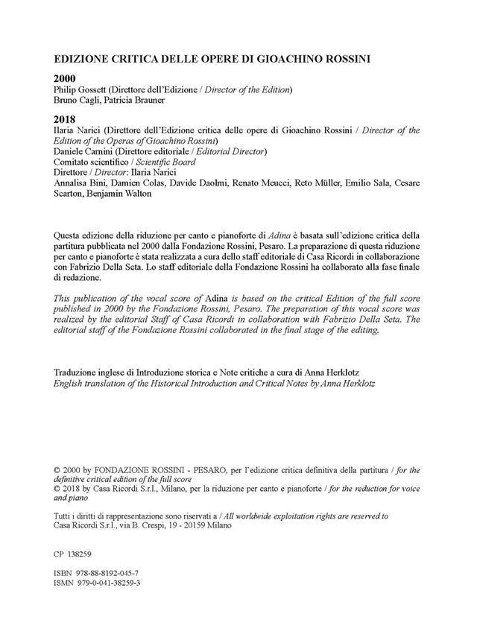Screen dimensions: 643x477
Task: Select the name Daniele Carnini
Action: tap(84, 151)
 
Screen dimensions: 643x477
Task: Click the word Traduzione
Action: tap(77, 372)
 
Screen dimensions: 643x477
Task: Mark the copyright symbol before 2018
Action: tap(57, 491)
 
